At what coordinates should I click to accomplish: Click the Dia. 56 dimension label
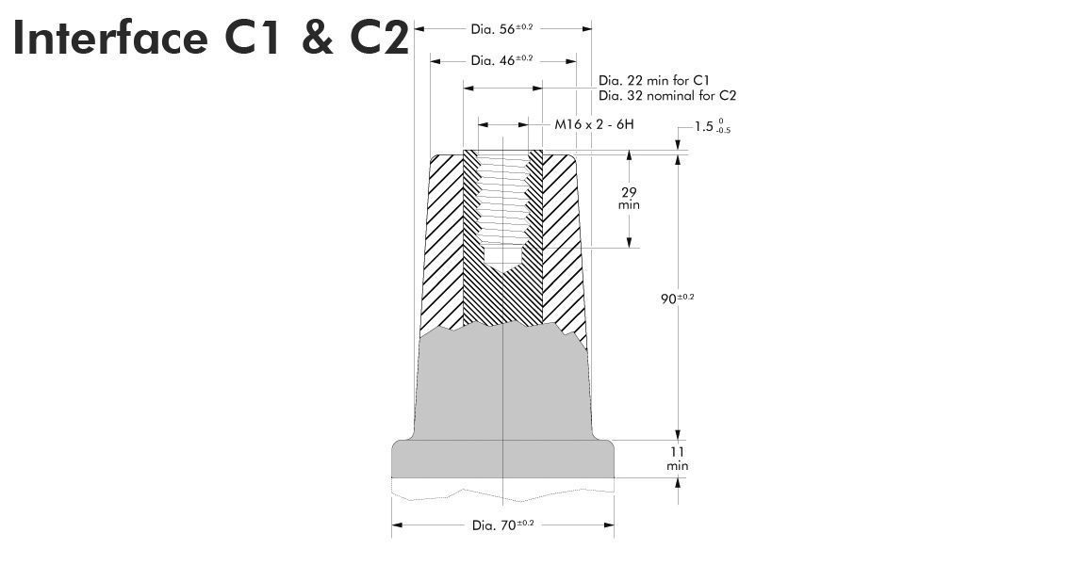click(x=501, y=28)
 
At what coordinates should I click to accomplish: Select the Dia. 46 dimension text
click(x=501, y=60)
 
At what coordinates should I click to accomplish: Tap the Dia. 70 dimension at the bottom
click(x=502, y=525)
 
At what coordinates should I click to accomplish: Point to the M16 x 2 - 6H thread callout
click(x=596, y=124)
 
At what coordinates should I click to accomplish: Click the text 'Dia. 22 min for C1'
click(x=653, y=81)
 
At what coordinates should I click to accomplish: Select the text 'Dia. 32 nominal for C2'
click(x=666, y=95)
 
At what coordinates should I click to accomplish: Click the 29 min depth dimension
click(x=630, y=198)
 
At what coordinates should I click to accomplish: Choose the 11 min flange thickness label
click(x=677, y=459)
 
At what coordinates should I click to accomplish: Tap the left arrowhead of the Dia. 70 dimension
click(x=397, y=525)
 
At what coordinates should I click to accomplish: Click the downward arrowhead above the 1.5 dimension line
click(x=678, y=143)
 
